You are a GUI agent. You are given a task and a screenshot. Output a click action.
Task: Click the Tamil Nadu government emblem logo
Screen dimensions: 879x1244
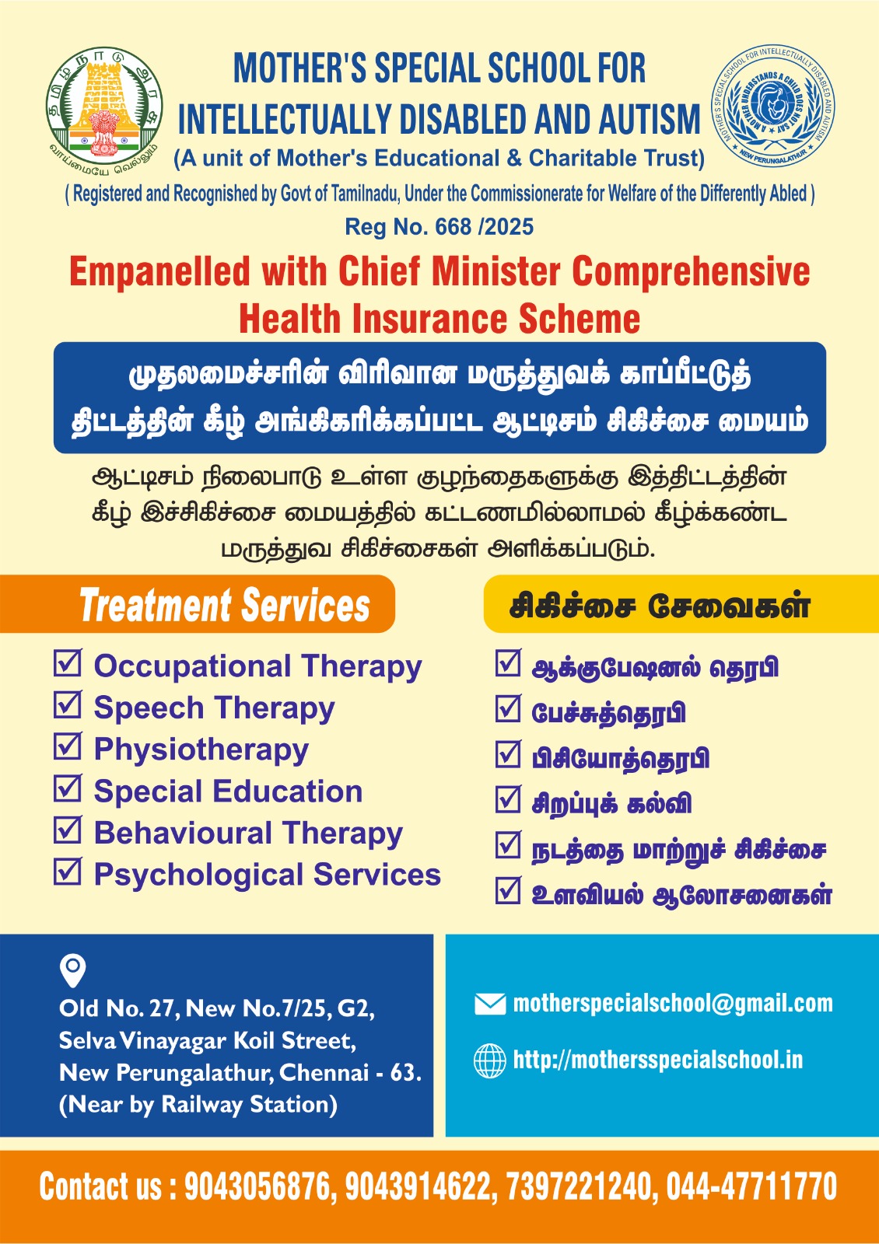pyautogui.click(x=104, y=110)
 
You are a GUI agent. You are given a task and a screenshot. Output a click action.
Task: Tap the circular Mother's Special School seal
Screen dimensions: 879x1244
pyautogui.click(x=773, y=106)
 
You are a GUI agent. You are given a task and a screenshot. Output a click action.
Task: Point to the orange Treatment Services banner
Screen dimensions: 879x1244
pyautogui.click(x=198, y=603)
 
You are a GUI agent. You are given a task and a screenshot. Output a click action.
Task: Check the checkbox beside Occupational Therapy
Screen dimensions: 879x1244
pyautogui.click(x=68, y=662)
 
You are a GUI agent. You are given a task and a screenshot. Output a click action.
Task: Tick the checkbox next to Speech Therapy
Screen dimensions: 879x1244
pyautogui.click(x=68, y=704)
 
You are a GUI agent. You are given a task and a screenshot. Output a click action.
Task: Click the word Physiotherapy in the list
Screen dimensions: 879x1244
pyautogui.click(x=201, y=750)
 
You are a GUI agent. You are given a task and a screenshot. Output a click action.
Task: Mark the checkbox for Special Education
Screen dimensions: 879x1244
pyautogui.click(x=68, y=788)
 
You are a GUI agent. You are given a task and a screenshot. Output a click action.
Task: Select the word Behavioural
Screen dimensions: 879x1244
pyautogui.click(x=184, y=833)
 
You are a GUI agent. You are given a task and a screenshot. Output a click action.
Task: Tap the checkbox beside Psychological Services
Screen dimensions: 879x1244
pyautogui.click(x=68, y=871)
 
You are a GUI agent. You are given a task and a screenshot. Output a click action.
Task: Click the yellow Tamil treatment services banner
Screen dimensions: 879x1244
pyautogui.click(x=681, y=603)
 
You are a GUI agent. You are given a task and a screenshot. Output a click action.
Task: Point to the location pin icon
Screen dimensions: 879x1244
pyautogui.click(x=73, y=971)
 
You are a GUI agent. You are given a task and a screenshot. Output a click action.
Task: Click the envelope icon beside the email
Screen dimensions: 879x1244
pyautogui.click(x=490, y=1004)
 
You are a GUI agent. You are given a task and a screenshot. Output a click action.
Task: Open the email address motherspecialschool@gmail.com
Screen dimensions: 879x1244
pyautogui.click(x=673, y=1004)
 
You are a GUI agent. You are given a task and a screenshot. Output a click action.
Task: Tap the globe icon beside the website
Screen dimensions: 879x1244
pyautogui.click(x=489, y=1061)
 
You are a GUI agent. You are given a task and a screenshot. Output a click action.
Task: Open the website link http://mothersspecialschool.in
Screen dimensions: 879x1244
pyautogui.click(x=658, y=1060)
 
